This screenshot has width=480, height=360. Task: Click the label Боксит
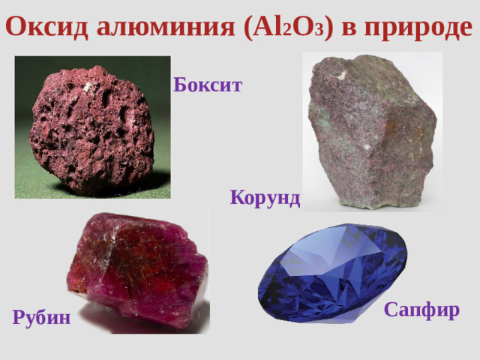coord(208,85)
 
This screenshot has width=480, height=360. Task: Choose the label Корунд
coord(265,198)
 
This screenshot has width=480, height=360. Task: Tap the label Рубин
coord(42,317)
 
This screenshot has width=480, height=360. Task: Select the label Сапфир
coord(421,309)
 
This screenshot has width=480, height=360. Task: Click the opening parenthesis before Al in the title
coord(248,27)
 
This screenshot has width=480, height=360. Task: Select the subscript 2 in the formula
coord(286,31)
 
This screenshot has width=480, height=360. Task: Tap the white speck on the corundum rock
coord(343,73)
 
